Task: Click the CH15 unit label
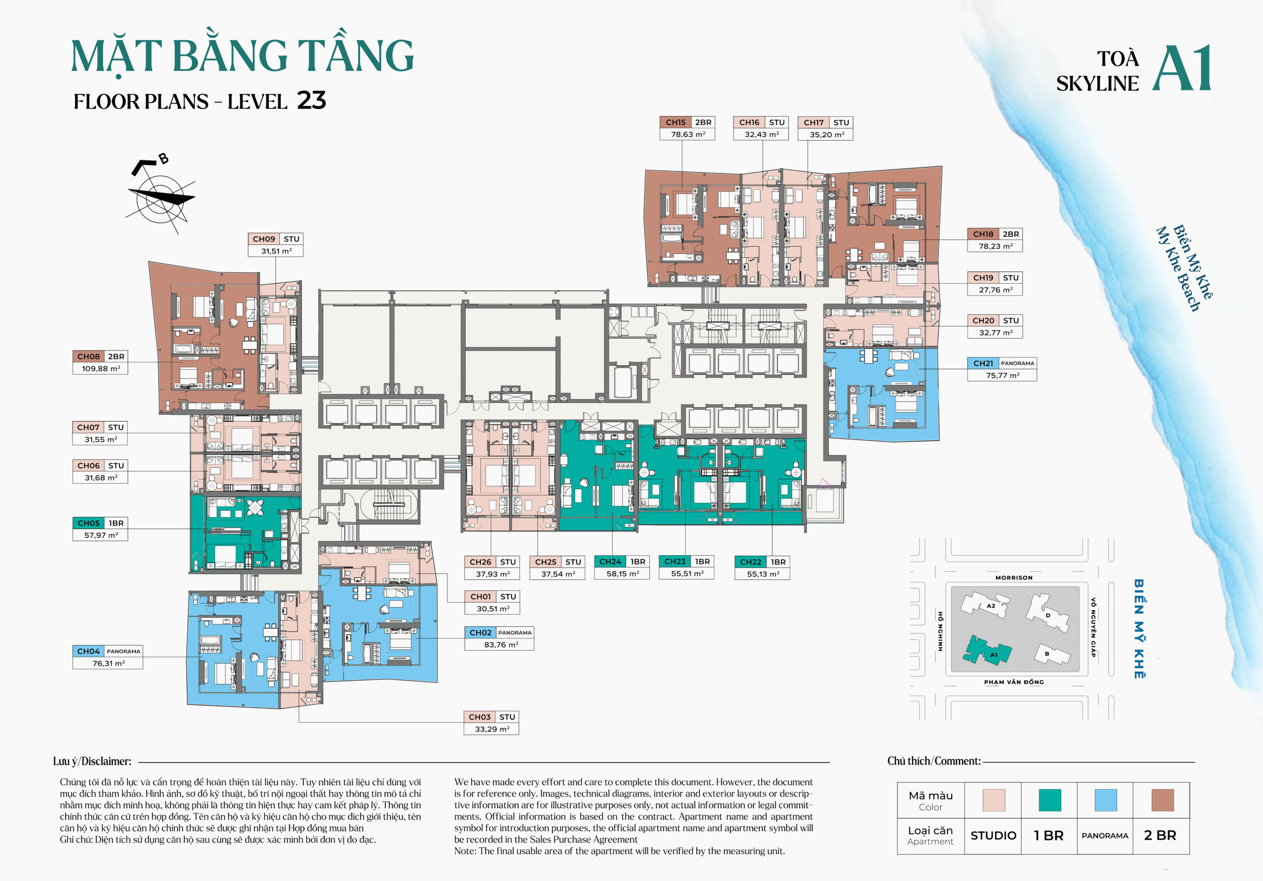coord(675,122)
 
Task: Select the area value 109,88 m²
coord(101,369)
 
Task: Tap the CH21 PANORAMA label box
coord(1002,363)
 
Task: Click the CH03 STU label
coord(491,717)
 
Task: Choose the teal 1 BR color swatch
coord(1049,800)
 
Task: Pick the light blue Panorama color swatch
coord(1105,800)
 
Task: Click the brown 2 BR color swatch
coord(1162,800)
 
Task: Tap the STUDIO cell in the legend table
coord(993,835)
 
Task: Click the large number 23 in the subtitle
coord(311,101)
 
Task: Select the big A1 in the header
coord(1182,68)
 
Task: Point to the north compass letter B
coord(163,159)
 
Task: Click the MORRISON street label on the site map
coord(1014,578)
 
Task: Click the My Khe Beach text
coord(1177,269)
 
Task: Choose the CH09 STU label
coord(275,239)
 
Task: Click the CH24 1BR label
coord(622,562)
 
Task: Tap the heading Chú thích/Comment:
coord(933,761)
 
